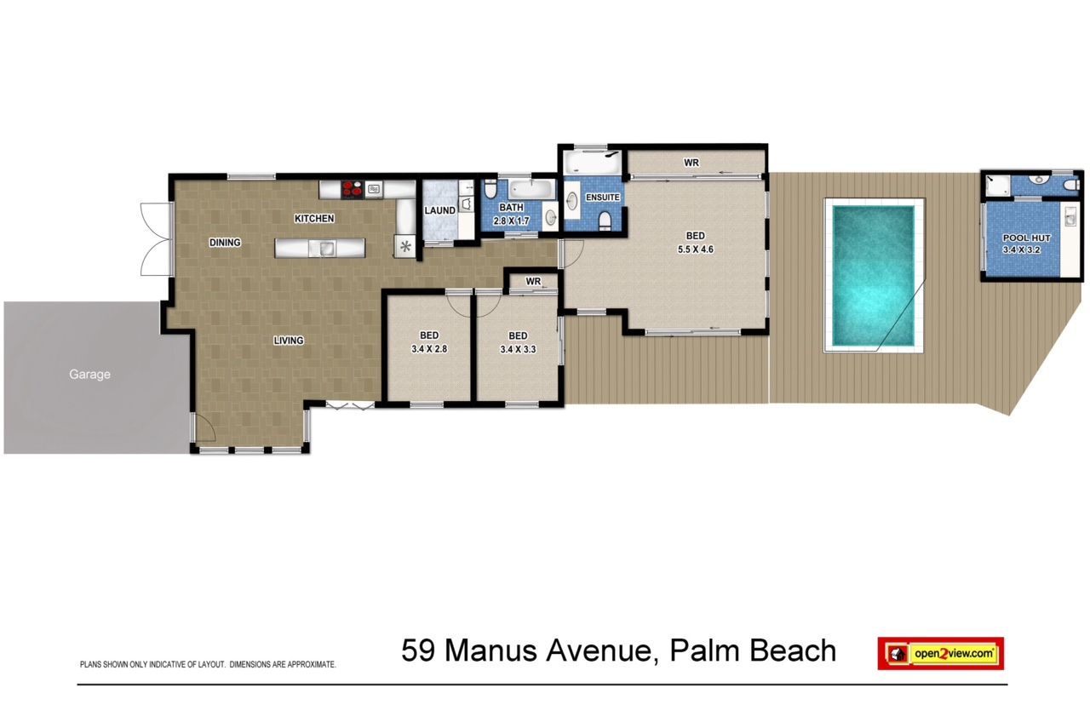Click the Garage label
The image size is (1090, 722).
89,374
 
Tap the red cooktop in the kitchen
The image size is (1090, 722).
353,189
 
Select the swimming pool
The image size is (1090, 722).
874,275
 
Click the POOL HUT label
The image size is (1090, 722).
1026,238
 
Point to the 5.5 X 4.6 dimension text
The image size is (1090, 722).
696,249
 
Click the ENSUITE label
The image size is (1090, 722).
602,197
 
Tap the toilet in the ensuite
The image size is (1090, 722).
605,220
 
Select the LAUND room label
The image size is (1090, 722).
440,210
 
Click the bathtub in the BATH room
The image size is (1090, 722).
532,189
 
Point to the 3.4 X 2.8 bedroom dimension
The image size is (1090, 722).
429,349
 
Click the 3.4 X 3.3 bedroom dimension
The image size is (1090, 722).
518,349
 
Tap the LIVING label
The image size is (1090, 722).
289,341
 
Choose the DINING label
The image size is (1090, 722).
225,243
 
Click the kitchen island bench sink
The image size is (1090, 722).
327,248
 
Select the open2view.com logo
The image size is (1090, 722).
941,653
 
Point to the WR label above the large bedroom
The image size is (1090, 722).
691,163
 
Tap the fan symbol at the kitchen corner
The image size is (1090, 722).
404,247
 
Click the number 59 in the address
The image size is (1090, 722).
417,650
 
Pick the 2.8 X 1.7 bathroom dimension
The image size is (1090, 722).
512,221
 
